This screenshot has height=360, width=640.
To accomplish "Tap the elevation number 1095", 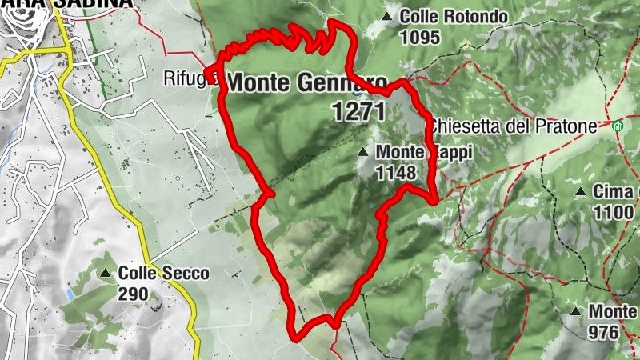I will click(x=421, y=37).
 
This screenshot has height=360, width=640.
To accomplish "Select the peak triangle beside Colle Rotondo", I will click(x=388, y=16).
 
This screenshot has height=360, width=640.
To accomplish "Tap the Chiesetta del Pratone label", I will click(x=513, y=126).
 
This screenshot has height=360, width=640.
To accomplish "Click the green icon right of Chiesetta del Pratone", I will click(x=617, y=126).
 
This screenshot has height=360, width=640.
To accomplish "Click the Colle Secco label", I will click(x=164, y=274).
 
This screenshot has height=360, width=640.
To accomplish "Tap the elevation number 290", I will click(x=134, y=294).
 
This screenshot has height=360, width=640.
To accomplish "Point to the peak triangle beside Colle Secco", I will click(x=106, y=274).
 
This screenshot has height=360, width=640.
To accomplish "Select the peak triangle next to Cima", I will click(x=581, y=192).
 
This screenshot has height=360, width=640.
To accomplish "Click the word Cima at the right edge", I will click(x=616, y=191).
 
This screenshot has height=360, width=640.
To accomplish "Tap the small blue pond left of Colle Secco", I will click(x=70, y=294).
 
